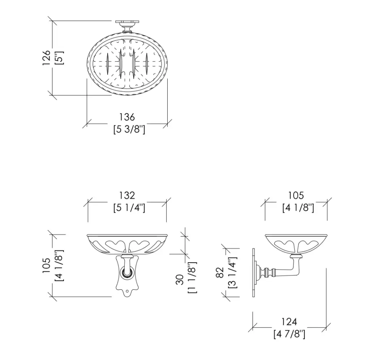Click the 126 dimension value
(47, 58)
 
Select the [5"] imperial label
(59, 58)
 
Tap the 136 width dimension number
(127, 117)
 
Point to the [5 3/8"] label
(129, 130)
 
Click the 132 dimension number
(127, 195)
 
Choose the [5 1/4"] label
(129, 208)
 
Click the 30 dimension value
(180, 280)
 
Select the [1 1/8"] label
(192, 278)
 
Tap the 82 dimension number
(220, 272)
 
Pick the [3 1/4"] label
(232, 272)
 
